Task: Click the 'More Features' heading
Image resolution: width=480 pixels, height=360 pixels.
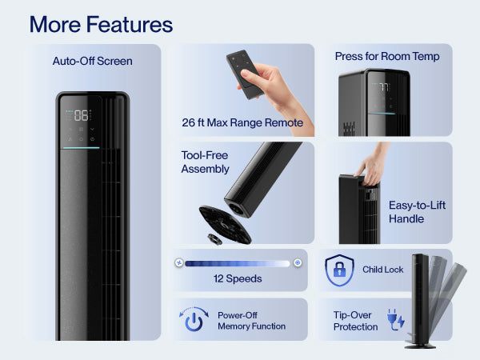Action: click(x=101, y=25)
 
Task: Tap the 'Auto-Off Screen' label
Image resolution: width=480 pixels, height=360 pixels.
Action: click(x=93, y=62)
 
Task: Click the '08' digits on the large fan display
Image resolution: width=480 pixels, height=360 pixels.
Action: click(x=81, y=115)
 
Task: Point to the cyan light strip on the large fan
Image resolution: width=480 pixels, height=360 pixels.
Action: click(x=81, y=148)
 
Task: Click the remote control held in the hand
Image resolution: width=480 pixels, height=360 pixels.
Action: click(x=244, y=74)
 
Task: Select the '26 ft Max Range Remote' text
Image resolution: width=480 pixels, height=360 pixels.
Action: click(x=242, y=122)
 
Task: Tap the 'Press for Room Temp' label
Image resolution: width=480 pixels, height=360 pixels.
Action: click(x=387, y=56)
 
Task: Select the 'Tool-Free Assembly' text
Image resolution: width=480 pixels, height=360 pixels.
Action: click(x=205, y=162)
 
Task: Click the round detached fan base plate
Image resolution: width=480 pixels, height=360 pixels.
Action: click(x=224, y=224)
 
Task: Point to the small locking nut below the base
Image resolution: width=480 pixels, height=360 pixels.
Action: click(x=215, y=239)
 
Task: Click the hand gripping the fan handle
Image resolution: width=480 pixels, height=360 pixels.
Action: click(x=372, y=168)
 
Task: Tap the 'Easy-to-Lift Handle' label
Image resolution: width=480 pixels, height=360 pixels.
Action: click(x=417, y=212)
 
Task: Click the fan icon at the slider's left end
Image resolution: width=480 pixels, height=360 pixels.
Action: click(x=179, y=262)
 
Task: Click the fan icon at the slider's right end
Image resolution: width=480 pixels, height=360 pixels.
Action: click(x=298, y=262)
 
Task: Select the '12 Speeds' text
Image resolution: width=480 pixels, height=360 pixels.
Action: click(x=238, y=278)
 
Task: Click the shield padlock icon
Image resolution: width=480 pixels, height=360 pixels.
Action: click(x=339, y=270)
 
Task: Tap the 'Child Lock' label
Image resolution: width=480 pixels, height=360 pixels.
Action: click(x=382, y=270)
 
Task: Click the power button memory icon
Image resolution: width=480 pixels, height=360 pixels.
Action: click(x=194, y=319)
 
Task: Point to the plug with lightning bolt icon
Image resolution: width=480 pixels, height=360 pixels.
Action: click(x=396, y=319)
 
